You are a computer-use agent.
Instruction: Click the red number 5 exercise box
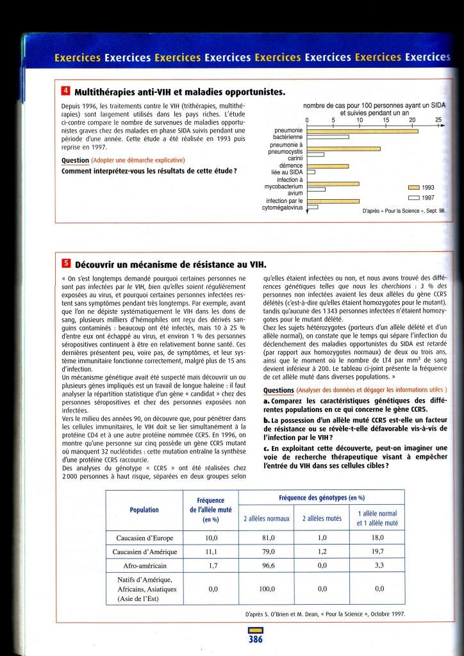click(65, 264)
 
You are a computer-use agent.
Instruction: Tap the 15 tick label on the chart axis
click(386, 119)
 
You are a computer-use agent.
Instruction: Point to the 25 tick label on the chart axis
click(438, 119)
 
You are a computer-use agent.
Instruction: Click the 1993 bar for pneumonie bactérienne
click(363, 131)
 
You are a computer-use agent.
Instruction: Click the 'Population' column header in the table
click(144, 510)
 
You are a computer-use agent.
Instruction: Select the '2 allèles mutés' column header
click(322, 518)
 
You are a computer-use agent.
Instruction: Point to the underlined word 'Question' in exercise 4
click(75, 160)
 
